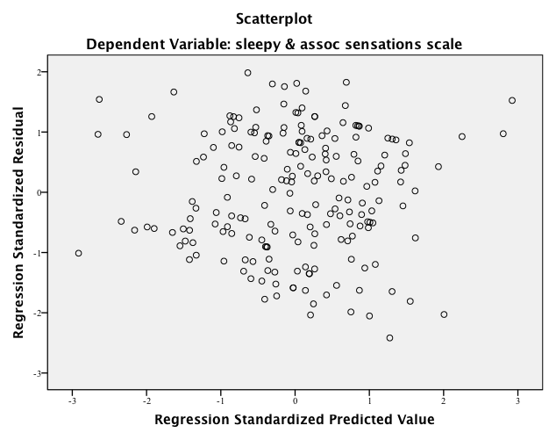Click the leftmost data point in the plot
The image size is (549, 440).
[x=79, y=253]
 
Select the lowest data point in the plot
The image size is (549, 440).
[x=389, y=337]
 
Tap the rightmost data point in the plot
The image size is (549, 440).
[x=512, y=100]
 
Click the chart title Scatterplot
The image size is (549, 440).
[x=274, y=18]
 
